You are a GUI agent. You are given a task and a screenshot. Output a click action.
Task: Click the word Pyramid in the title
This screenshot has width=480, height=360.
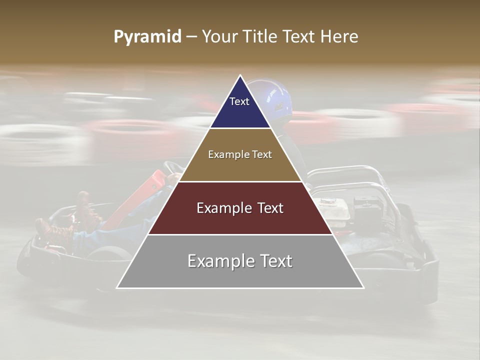tap(147, 37)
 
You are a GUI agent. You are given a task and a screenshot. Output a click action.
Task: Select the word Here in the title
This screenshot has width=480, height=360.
tap(340, 37)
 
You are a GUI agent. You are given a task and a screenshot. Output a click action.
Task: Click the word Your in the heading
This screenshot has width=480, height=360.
tap(219, 37)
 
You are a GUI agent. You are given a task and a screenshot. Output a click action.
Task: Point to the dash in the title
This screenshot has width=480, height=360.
tap(191, 37)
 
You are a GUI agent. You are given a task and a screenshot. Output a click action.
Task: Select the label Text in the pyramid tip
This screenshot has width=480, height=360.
tap(239, 101)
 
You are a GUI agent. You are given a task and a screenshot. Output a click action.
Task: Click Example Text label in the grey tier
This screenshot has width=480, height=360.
tap(240, 261)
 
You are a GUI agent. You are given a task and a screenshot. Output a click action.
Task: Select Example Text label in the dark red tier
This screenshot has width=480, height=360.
tap(240, 208)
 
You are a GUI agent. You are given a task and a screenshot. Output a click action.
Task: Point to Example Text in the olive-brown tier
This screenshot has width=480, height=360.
tap(240, 154)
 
